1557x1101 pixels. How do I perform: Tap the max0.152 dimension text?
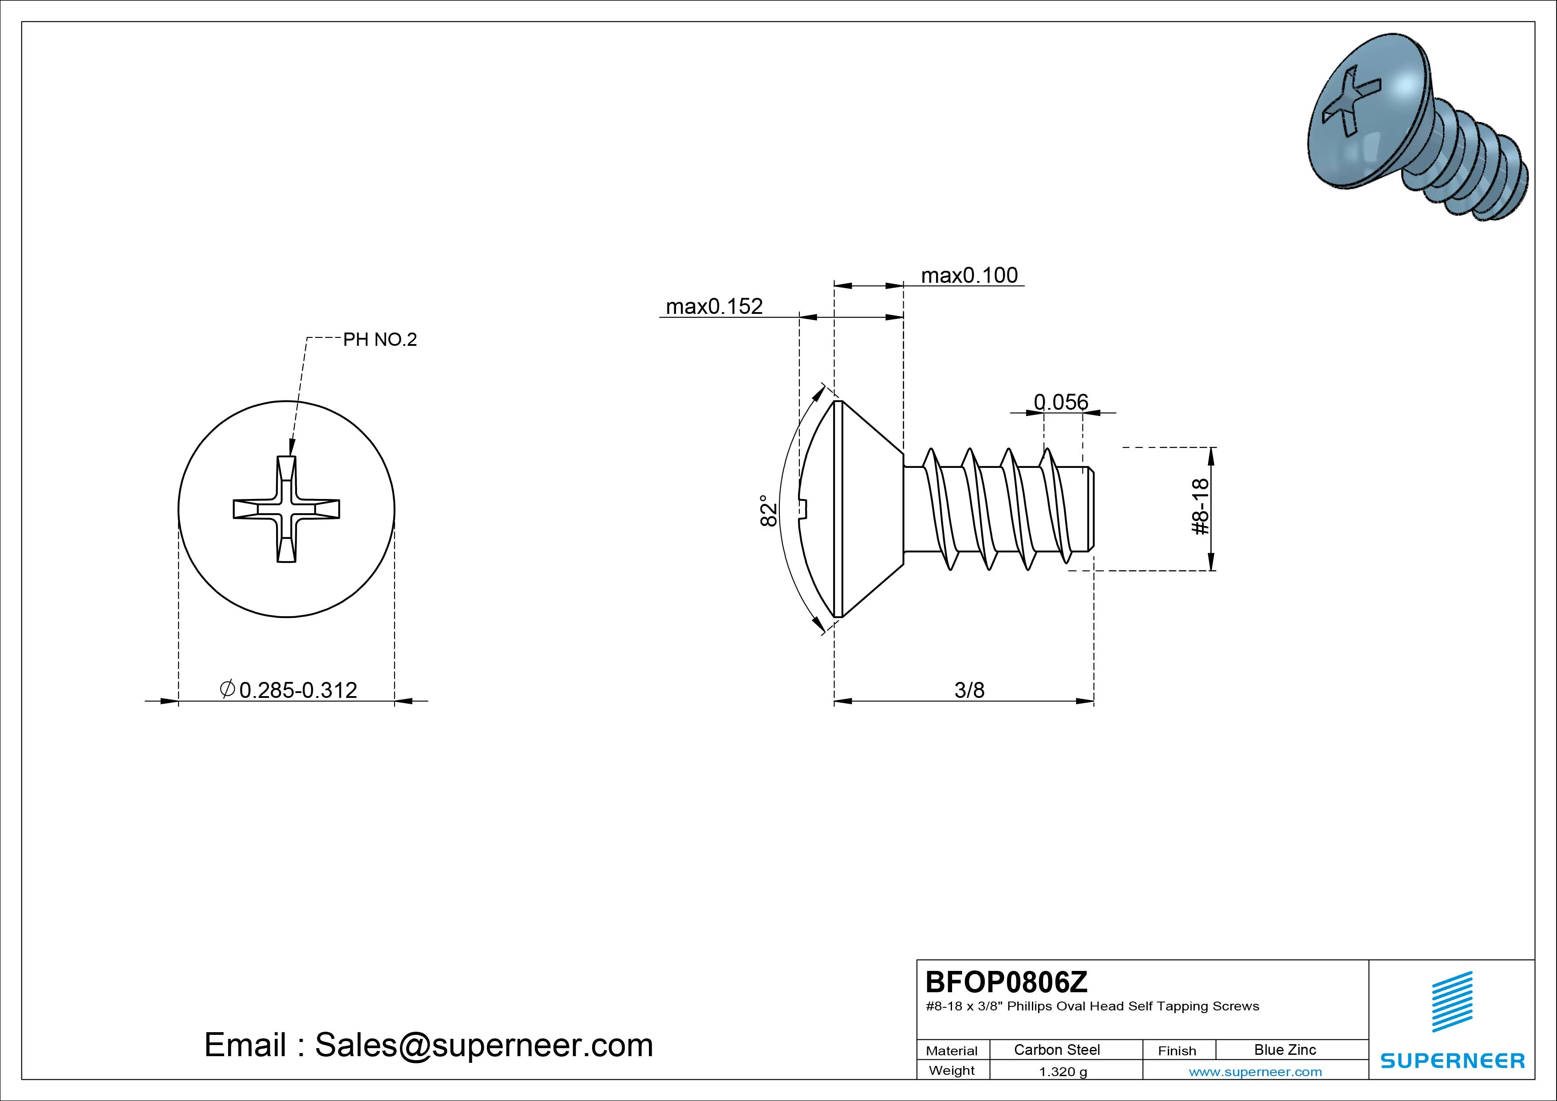point(714,307)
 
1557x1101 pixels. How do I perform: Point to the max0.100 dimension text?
point(969,275)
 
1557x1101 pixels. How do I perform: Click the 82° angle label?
point(768,510)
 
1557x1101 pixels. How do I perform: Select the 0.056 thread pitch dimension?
point(1061,402)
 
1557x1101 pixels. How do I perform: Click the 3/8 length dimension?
point(969,690)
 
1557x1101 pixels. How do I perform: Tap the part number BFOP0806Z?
point(1006,982)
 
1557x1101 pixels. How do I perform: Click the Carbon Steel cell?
point(1056,1050)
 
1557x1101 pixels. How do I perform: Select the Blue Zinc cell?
point(1284,1050)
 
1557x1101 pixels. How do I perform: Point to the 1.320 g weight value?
point(1063,1072)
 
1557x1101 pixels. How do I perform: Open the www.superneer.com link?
point(1255,1072)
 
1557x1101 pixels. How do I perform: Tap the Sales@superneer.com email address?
point(483,1046)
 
